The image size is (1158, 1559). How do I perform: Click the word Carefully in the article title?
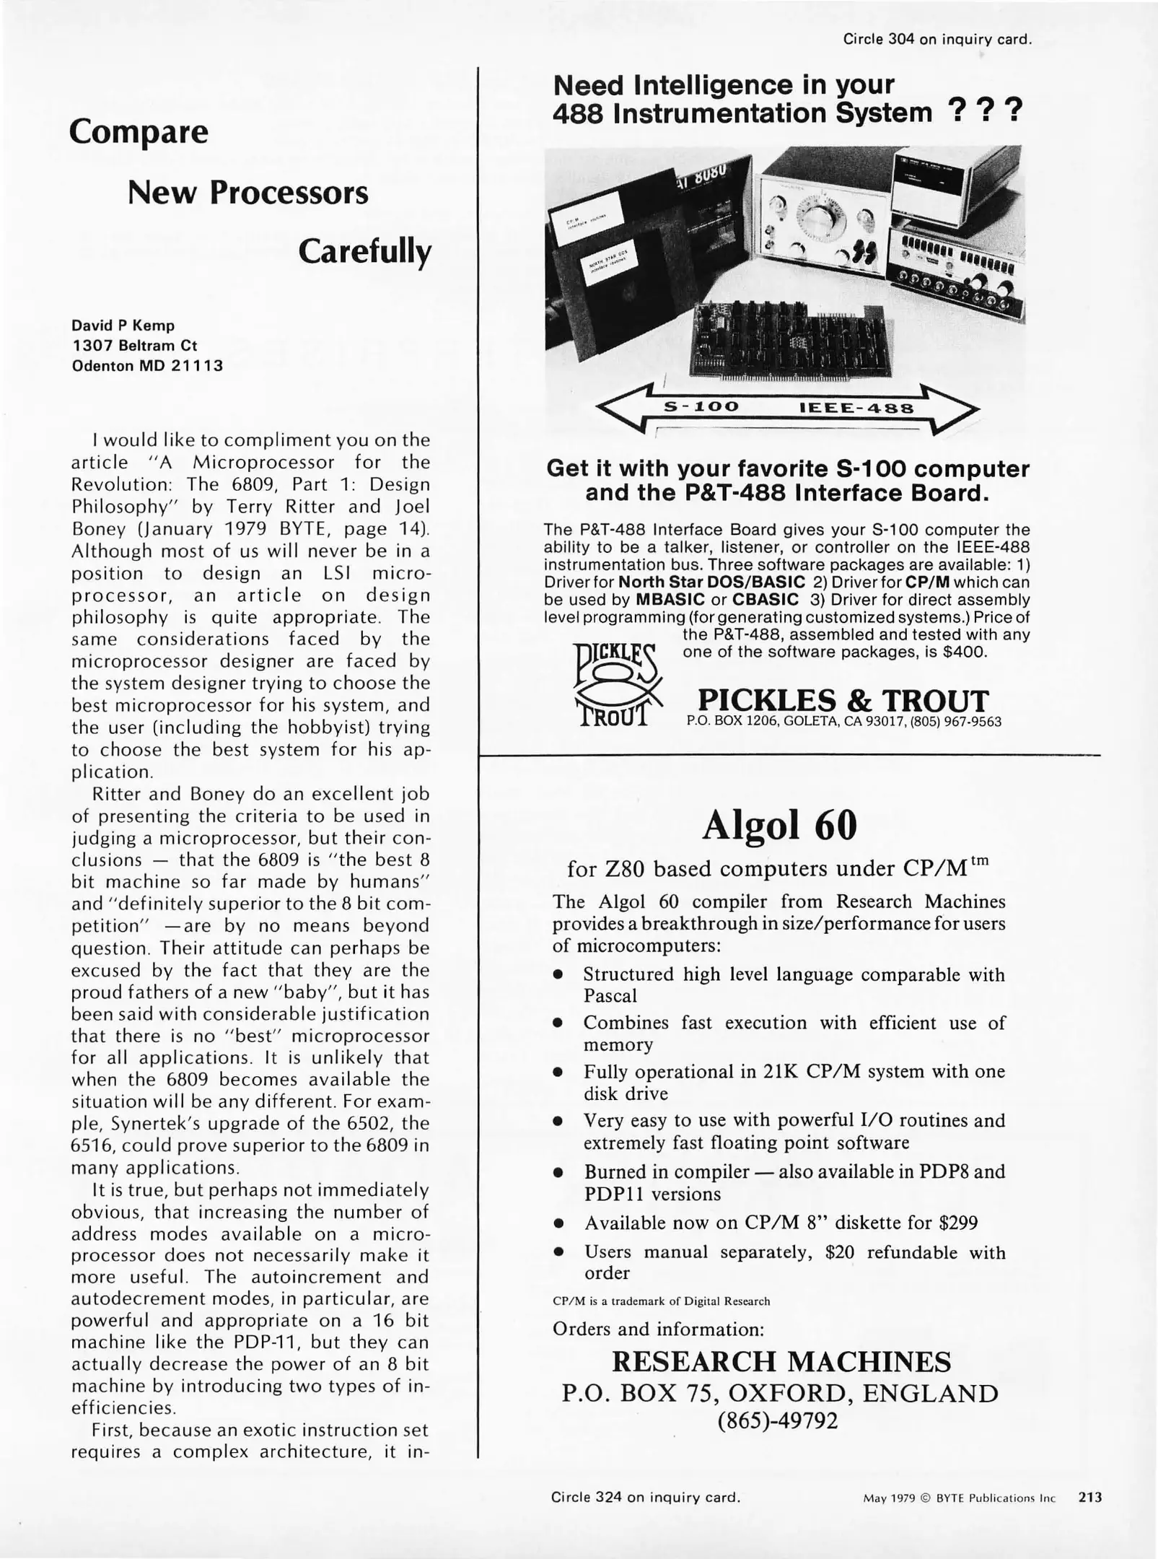[x=364, y=252]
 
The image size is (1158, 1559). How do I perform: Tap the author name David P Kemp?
[x=123, y=326]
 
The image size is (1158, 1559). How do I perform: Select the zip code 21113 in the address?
[x=197, y=366]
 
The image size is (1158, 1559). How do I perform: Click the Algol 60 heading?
[x=779, y=825]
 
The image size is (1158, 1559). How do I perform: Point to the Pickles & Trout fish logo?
[x=617, y=685]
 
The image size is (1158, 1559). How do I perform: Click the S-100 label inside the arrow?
[x=701, y=407]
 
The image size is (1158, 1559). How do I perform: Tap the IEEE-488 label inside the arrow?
[x=856, y=409]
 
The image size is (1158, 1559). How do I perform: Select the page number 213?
[x=1089, y=1498]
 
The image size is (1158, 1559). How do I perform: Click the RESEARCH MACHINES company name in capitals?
[x=781, y=1361]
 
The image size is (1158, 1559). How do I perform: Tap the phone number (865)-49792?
[x=778, y=1421]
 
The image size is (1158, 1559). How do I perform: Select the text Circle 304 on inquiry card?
[x=937, y=40]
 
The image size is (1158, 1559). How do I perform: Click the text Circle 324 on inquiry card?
[x=645, y=1498]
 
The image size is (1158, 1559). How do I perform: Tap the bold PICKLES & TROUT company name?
[x=843, y=700]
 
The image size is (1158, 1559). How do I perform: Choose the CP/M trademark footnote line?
[x=661, y=1301]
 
